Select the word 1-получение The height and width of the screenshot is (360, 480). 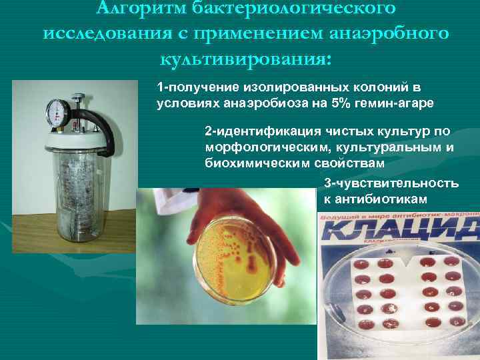coord(192,88)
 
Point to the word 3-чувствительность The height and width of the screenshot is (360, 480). coord(391,183)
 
